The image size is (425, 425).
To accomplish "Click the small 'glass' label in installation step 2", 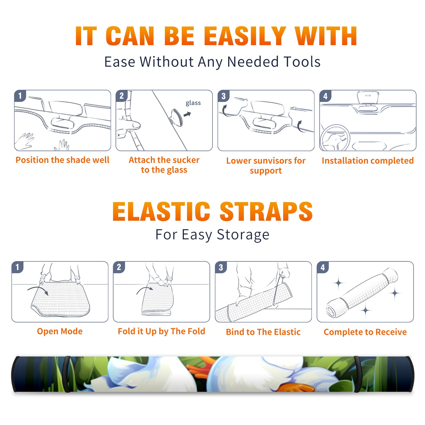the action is click(193, 103).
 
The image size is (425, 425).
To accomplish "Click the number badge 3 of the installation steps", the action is click(223, 96).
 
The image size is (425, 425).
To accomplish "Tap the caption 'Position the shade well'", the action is click(62, 160).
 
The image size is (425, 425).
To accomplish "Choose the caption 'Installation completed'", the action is click(368, 160).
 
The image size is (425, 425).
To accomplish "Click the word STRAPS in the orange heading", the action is click(266, 211).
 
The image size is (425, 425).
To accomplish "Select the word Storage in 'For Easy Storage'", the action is click(243, 235).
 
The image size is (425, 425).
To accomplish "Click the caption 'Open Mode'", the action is click(60, 331).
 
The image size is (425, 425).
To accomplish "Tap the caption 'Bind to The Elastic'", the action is click(263, 332).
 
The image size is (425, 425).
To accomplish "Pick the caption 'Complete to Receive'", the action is click(365, 332).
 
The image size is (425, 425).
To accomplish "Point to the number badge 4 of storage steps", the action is click(323, 267).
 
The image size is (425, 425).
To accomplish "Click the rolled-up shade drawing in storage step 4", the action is click(362, 293).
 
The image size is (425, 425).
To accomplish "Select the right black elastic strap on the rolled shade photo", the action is click(358, 374).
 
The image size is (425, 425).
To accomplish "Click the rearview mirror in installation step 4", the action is click(368, 97).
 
